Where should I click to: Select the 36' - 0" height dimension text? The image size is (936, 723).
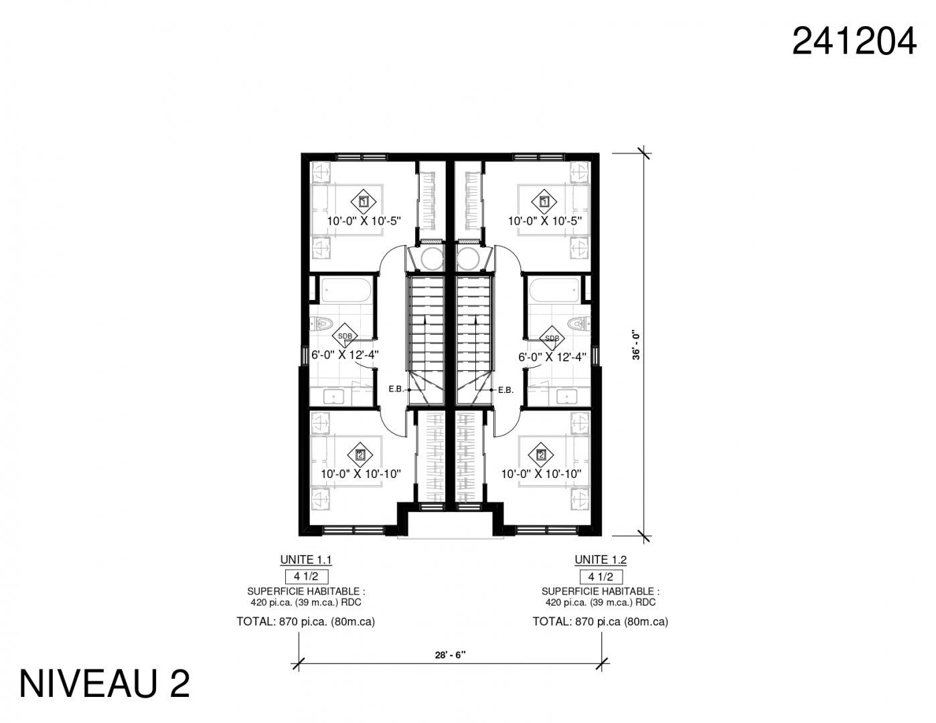tap(636, 346)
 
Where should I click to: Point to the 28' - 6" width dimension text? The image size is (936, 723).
tap(451, 655)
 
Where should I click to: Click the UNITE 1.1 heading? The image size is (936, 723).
tap(306, 560)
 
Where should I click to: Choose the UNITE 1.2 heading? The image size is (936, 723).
tap(601, 560)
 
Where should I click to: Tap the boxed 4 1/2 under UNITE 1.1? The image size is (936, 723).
tap(307, 576)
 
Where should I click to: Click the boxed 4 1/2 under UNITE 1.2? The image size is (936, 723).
tap(601, 576)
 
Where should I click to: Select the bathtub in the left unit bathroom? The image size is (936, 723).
tap(346, 290)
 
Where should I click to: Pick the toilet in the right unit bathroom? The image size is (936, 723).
tap(579, 323)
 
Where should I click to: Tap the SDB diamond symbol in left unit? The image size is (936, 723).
tap(345, 336)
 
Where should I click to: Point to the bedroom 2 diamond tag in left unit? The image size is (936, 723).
tap(361, 455)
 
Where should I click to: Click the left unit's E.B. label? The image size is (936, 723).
tap(396, 389)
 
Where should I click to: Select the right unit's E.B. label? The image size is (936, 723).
tap(505, 390)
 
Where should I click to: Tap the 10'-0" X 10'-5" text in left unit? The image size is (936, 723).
tap(364, 222)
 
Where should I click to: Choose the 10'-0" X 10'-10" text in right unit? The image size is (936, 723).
tap(541, 474)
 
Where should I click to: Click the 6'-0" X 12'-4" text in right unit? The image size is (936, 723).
tap(552, 357)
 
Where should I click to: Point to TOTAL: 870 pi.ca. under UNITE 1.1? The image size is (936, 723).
tap(282, 622)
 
